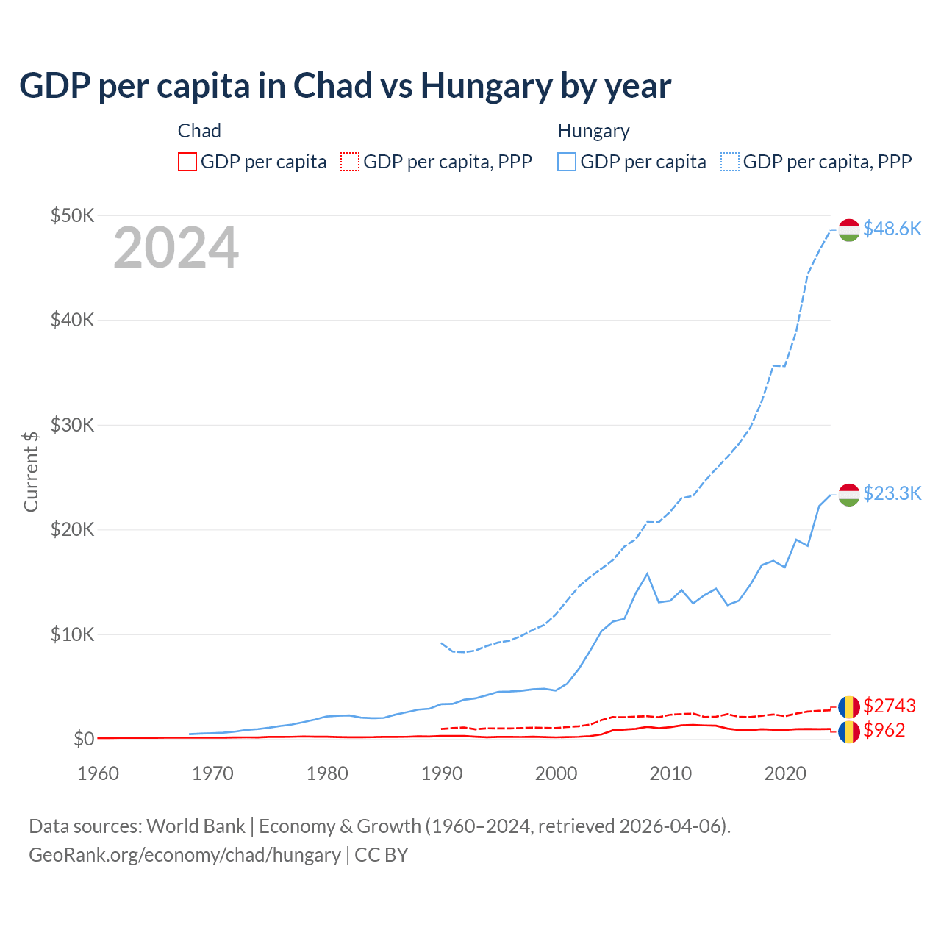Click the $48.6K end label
click(892, 229)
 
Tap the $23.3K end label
click(892, 493)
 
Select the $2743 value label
click(889, 706)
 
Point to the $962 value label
click(884, 730)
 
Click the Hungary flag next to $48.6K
click(849, 229)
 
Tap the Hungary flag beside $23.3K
click(849, 495)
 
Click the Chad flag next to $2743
click(849, 706)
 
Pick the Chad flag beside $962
click(849, 731)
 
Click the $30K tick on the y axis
click(72, 425)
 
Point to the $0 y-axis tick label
click(83, 739)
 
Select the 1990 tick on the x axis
click(441, 773)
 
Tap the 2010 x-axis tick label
click(670, 773)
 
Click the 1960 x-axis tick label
click(98, 773)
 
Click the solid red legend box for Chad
click(187, 162)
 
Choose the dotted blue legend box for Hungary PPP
click(730, 162)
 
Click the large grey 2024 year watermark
click(176, 248)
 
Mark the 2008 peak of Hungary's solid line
click(647, 573)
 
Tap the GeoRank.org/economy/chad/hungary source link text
click(185, 855)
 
